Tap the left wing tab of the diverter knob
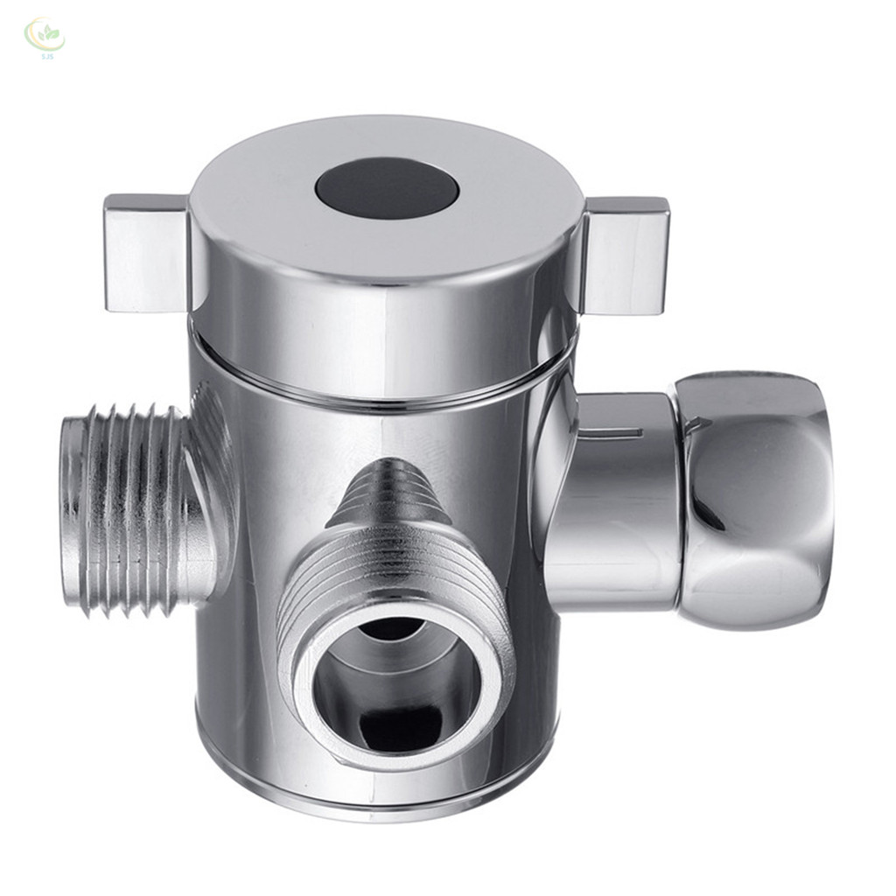(x=145, y=253)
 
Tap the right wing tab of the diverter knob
(x=626, y=255)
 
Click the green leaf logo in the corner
(x=43, y=34)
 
